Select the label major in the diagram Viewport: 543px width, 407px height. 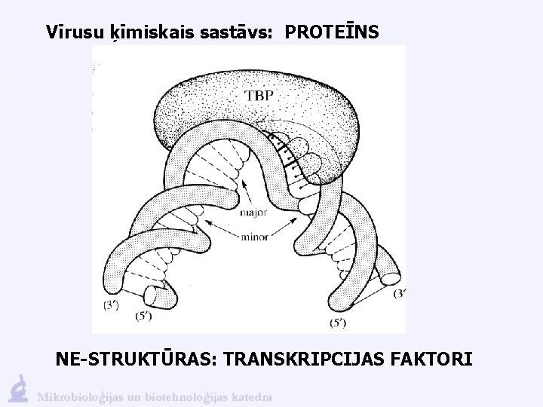coord(253,213)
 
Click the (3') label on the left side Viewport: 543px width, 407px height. coord(110,304)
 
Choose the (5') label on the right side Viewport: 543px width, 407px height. coord(338,323)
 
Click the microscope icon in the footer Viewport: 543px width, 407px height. coord(19,388)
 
